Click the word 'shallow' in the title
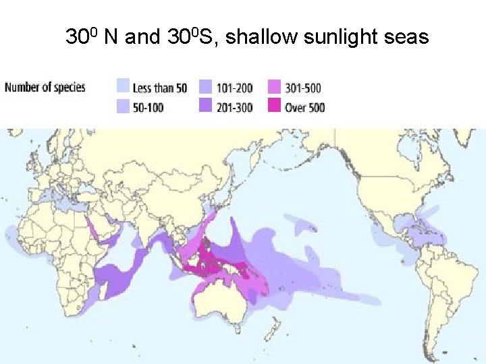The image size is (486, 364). (261, 37)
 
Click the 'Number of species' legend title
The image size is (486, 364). (45, 88)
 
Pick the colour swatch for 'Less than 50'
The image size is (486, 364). (122, 87)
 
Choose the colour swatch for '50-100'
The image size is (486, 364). (122, 107)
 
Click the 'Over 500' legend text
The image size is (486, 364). (305, 107)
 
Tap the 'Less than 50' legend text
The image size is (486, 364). (160, 88)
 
